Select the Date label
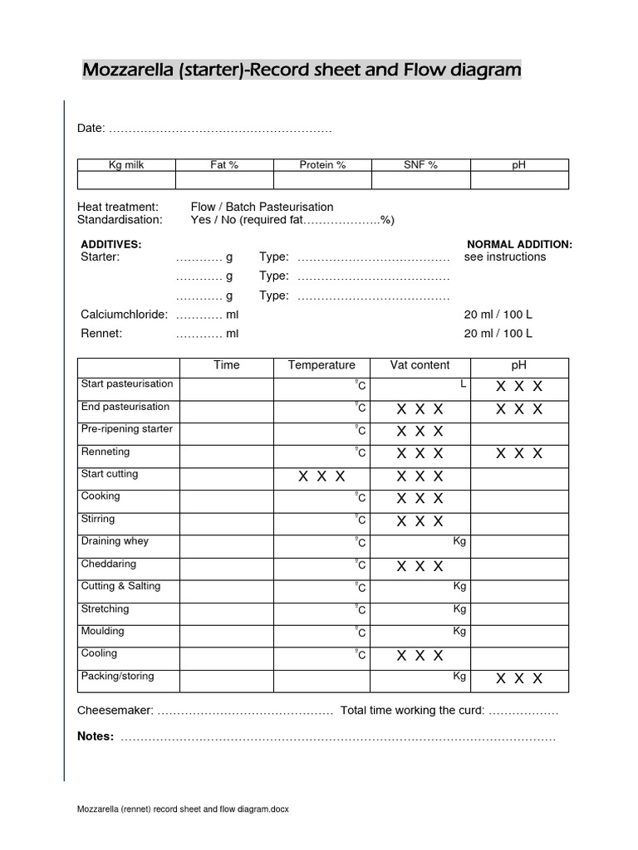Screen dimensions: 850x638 pos(91,129)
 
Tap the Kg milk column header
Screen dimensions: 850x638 pos(126,165)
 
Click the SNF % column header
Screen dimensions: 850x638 pos(420,165)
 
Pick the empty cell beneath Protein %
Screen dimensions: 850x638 pos(322,180)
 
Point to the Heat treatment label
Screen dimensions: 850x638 pos(117,207)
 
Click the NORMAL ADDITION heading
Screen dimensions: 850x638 pos(519,244)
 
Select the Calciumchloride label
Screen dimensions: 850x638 pos(124,315)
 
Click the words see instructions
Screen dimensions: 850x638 pos(505,257)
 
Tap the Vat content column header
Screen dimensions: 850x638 pos(420,365)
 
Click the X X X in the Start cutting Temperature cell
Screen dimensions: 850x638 pos(321,476)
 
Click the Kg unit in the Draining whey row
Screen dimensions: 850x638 pos(459,541)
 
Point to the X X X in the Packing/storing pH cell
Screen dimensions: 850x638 pos(519,679)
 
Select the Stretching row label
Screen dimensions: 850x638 pos(105,609)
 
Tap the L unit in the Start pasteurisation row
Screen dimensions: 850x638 pos(462,383)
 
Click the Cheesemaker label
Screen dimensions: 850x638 pos(115,711)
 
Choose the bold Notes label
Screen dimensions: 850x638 pos(96,736)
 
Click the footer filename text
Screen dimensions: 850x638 pos(183,809)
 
